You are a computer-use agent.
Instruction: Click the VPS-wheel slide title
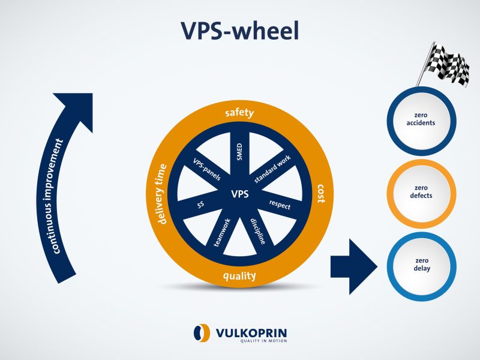click(x=240, y=31)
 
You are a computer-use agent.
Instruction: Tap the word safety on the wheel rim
click(x=239, y=113)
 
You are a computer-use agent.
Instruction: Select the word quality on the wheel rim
click(x=239, y=276)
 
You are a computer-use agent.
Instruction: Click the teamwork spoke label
click(x=223, y=233)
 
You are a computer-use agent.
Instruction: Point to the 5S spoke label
click(x=200, y=205)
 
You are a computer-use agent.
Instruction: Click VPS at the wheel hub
click(x=240, y=194)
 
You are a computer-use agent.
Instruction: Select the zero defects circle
click(x=425, y=191)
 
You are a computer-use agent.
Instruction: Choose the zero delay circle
click(x=425, y=265)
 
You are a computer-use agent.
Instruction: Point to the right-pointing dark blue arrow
click(x=353, y=265)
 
